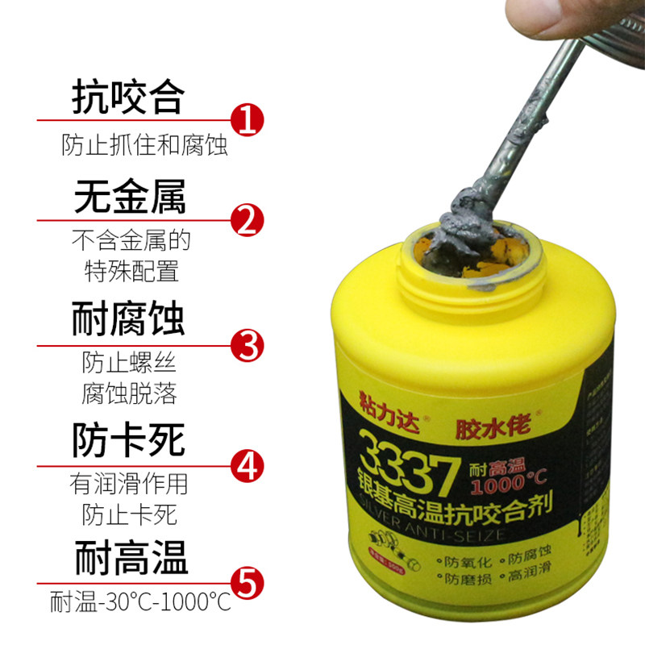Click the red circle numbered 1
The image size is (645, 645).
pyautogui.click(x=248, y=121)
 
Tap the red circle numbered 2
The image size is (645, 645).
pyautogui.click(x=248, y=218)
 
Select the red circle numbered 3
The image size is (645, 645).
pyautogui.click(x=248, y=344)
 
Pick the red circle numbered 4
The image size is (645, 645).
pyautogui.click(x=248, y=465)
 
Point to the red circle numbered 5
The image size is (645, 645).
pyautogui.click(x=248, y=581)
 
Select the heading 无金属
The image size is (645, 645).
pyautogui.click(x=129, y=197)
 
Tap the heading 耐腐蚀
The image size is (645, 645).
pyautogui.click(x=129, y=318)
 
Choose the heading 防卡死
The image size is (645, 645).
pyautogui.click(x=129, y=441)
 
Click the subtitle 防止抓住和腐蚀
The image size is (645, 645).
pyautogui.click(x=145, y=146)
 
